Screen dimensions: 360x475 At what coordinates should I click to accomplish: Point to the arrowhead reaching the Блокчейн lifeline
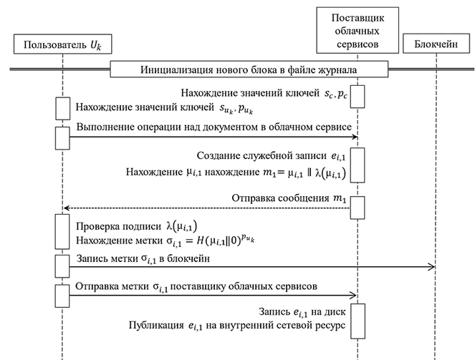432,267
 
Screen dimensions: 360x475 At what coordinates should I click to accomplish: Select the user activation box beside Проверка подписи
62,231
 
